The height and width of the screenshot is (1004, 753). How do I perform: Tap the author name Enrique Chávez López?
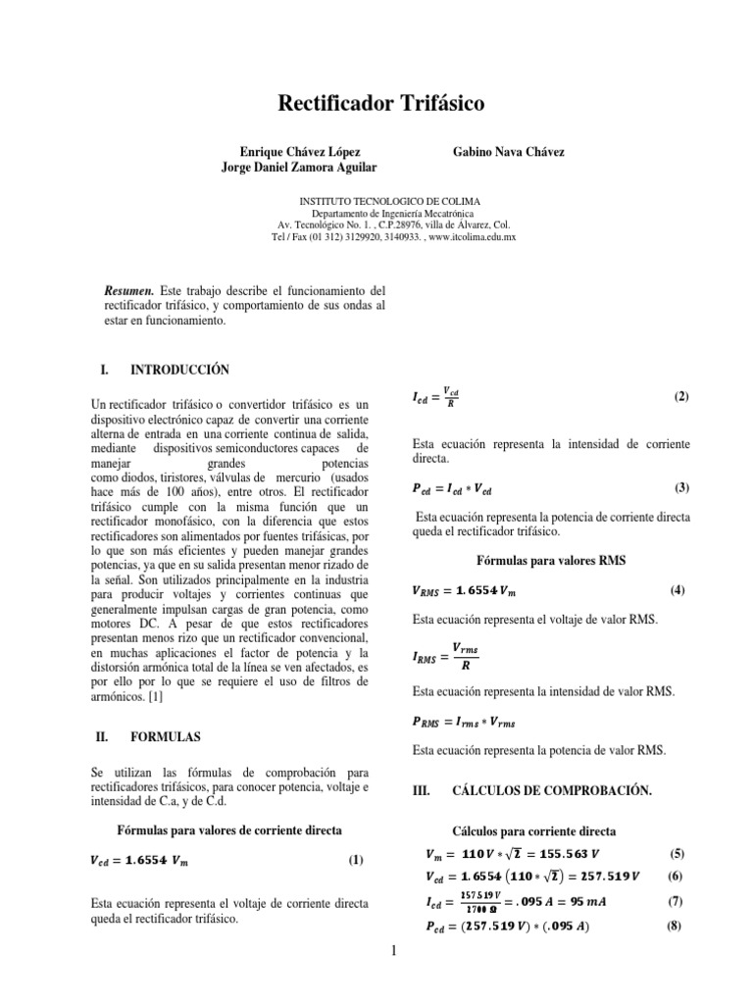click(x=299, y=153)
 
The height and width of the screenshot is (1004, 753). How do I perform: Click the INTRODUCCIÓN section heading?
click(x=179, y=370)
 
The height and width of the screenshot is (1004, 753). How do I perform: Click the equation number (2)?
click(x=681, y=396)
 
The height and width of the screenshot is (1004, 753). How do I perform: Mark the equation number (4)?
click(x=677, y=590)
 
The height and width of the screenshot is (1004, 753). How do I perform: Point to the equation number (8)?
click(x=674, y=925)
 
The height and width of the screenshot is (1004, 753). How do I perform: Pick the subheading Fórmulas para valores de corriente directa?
click(x=229, y=829)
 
